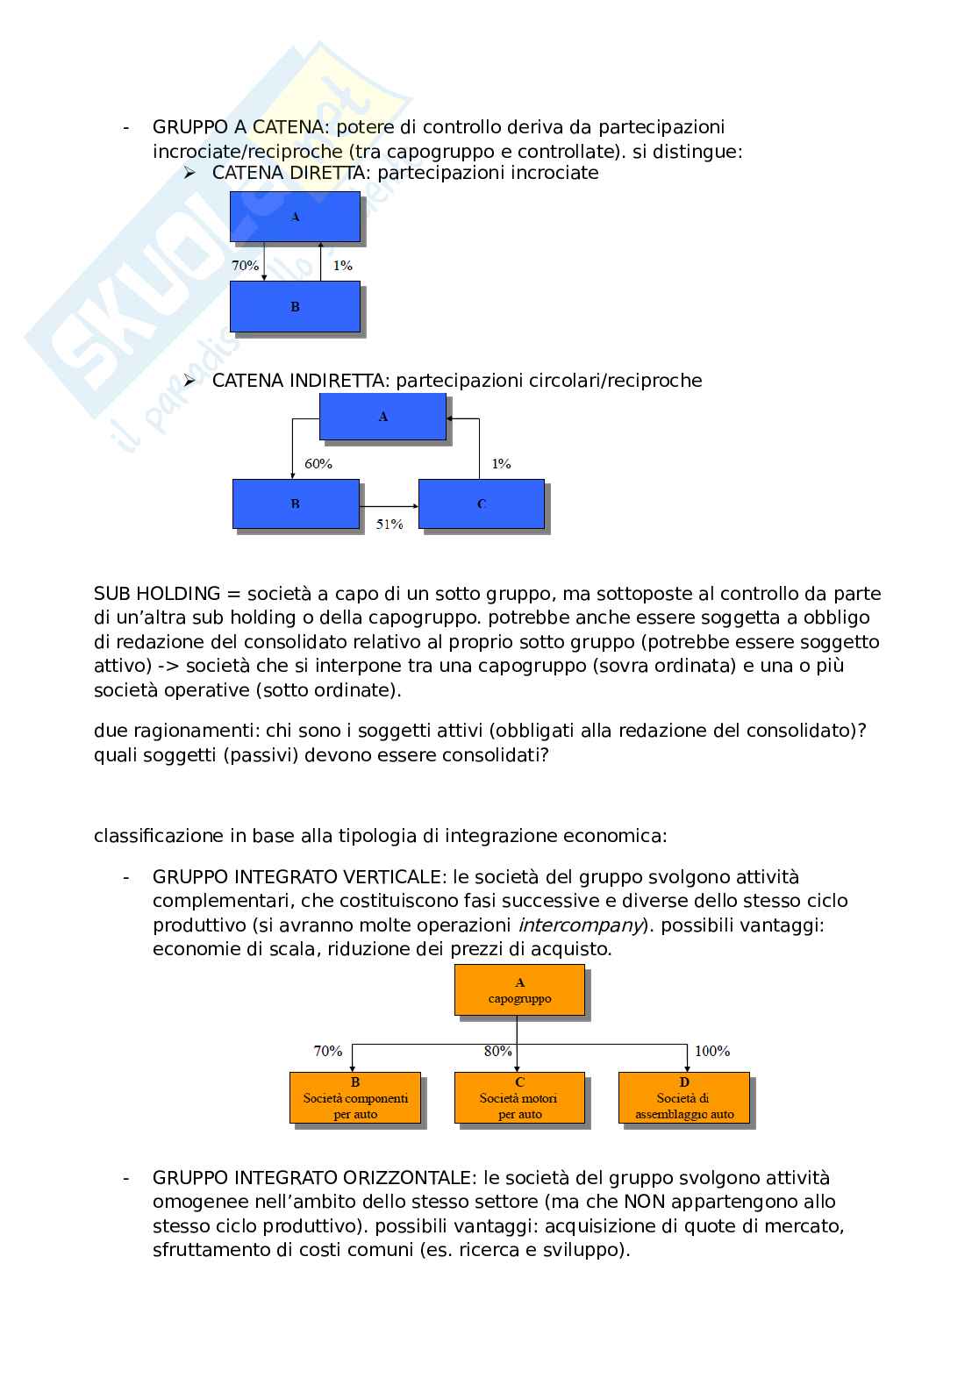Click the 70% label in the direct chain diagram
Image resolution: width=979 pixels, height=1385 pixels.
(245, 265)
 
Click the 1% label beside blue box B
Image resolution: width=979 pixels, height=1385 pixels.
(342, 265)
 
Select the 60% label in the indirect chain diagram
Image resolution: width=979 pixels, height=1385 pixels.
(318, 463)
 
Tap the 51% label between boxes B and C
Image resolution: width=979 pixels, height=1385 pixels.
(389, 524)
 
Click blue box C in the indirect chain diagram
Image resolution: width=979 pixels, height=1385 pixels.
(481, 503)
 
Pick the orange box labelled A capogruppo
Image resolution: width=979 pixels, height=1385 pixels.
(519, 990)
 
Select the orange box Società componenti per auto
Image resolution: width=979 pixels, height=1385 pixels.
(355, 1097)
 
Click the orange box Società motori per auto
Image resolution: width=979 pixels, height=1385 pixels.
(519, 1097)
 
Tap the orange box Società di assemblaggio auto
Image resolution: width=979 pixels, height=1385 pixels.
(684, 1097)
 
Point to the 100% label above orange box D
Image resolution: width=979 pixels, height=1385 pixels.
(711, 1051)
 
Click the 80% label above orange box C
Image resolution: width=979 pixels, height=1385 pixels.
(498, 1051)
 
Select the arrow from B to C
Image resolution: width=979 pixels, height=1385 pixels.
(389, 505)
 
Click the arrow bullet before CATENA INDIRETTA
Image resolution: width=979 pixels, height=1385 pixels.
(189, 381)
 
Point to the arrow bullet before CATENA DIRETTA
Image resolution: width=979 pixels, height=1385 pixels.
(189, 173)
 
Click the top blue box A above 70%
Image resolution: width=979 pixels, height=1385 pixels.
(295, 217)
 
